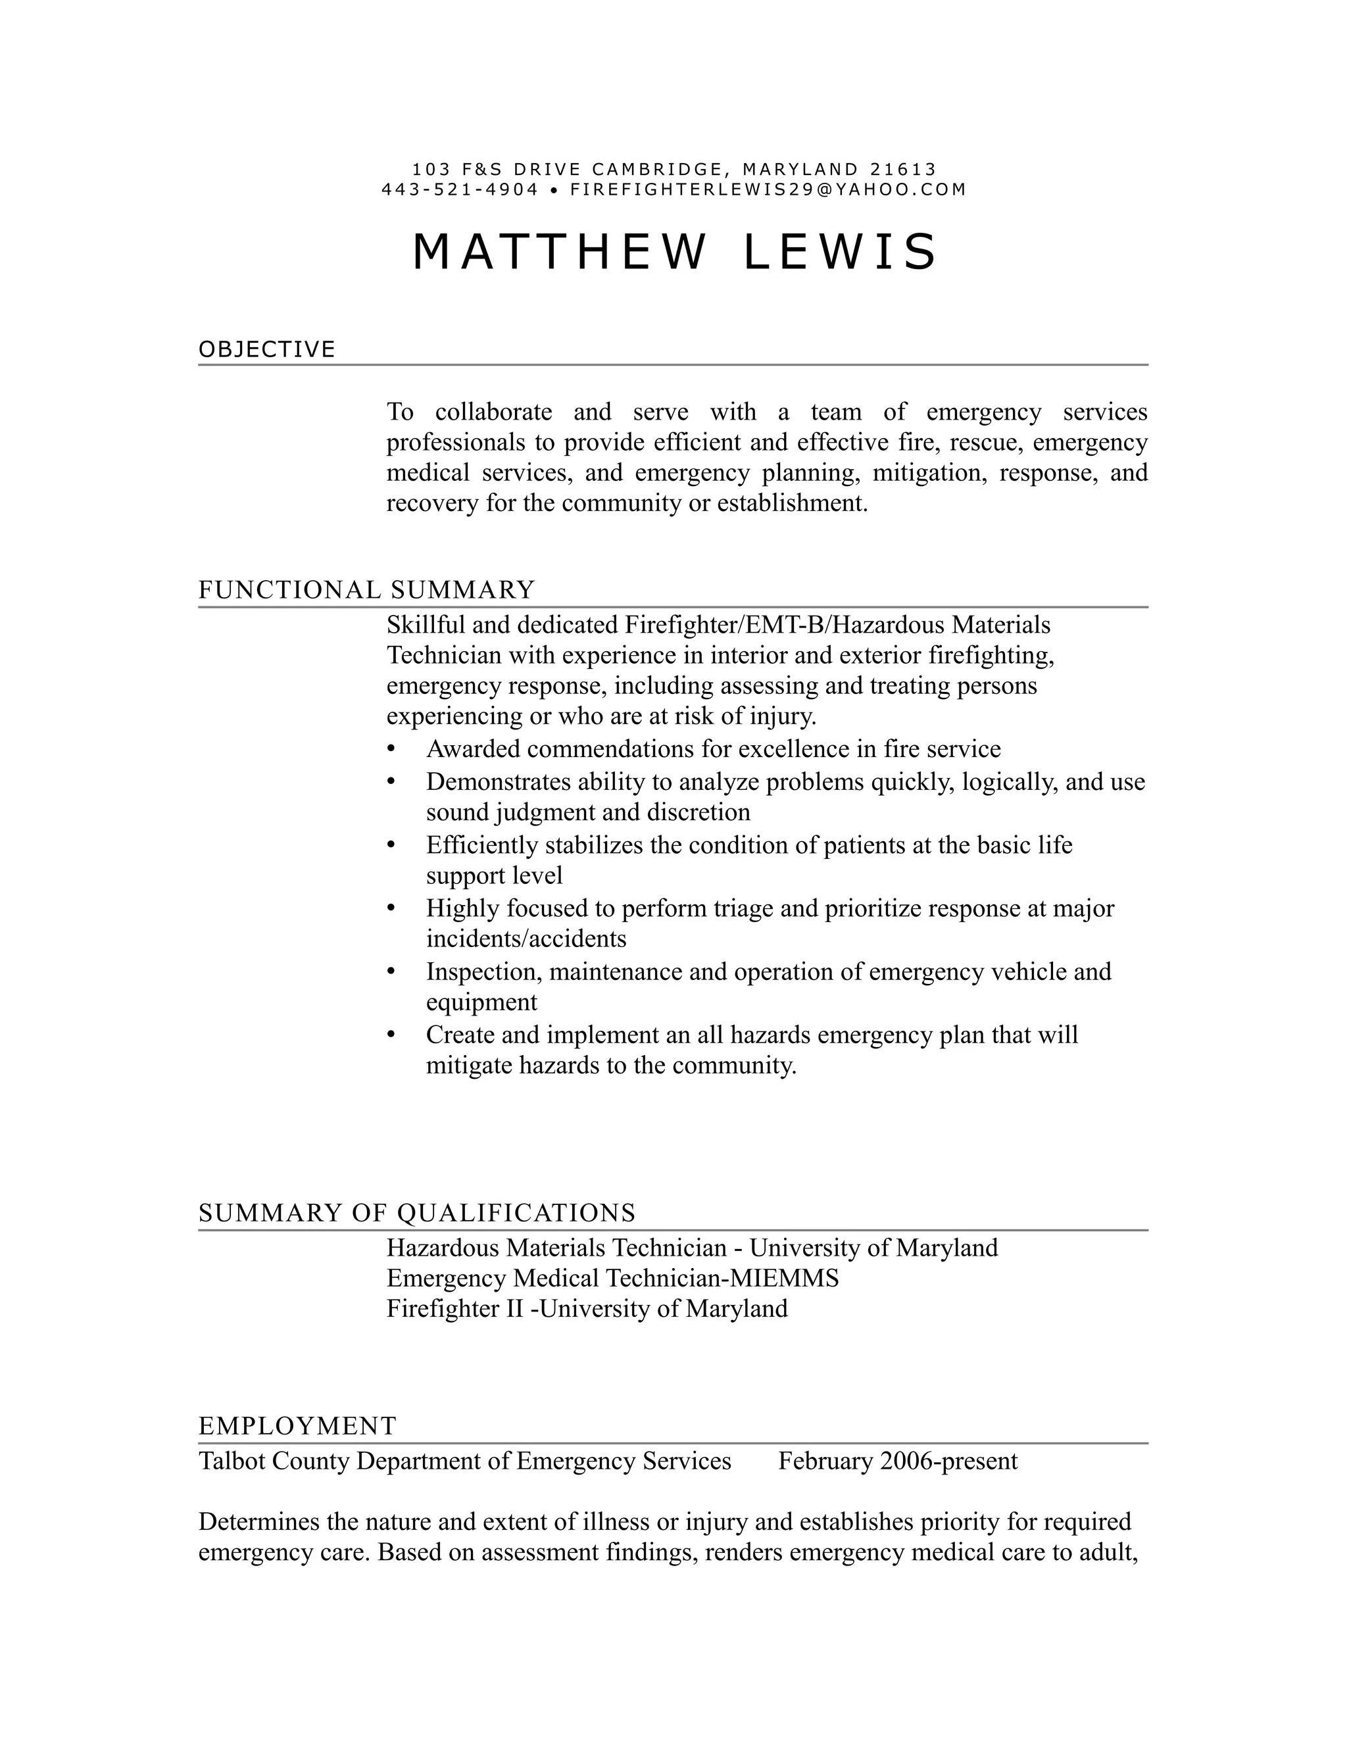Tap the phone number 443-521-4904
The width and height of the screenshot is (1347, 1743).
click(x=460, y=190)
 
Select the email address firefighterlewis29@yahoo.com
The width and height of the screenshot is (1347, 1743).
click(x=768, y=190)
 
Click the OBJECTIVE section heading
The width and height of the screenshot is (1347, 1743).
click(x=266, y=349)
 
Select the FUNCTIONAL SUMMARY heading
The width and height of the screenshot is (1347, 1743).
click(x=366, y=590)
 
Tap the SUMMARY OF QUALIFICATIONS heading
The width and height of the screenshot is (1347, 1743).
click(x=416, y=1212)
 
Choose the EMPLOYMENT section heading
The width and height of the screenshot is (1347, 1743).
click(x=297, y=1425)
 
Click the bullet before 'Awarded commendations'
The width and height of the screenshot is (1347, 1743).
click(x=391, y=749)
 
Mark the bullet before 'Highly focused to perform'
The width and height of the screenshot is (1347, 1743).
click(x=391, y=908)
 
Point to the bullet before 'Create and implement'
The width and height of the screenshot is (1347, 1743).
click(x=391, y=1035)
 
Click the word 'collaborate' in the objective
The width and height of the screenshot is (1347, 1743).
click(x=493, y=412)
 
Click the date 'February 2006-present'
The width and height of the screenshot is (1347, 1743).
click(x=898, y=1460)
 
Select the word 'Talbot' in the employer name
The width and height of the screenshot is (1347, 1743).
click(x=232, y=1460)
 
